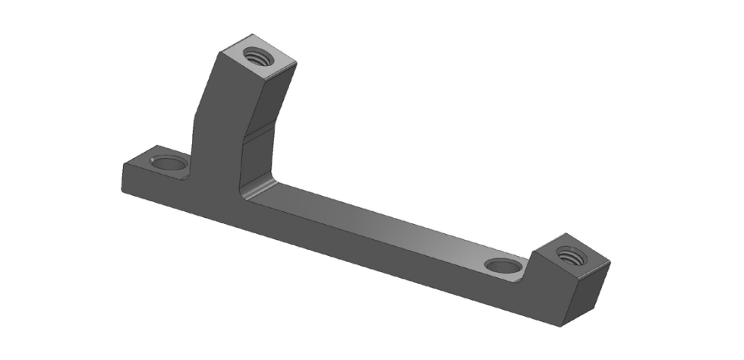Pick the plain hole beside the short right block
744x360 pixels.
[503, 266]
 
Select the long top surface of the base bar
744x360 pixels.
[380, 220]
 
